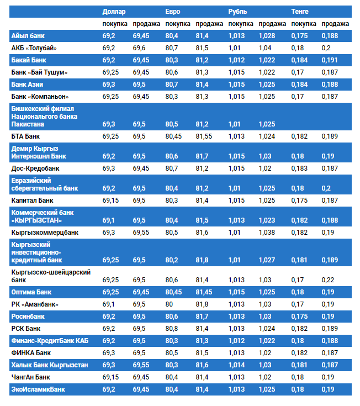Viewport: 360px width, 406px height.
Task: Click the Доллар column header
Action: [x=114, y=12]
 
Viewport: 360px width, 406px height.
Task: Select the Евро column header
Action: [x=173, y=12]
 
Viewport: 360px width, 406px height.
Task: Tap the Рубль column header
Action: [x=237, y=12]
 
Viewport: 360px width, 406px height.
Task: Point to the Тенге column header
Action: [x=300, y=12]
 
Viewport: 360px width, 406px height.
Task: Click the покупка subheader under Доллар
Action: [x=115, y=24]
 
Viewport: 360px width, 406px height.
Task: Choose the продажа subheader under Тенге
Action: [x=335, y=24]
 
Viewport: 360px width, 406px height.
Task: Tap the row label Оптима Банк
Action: [x=31, y=292]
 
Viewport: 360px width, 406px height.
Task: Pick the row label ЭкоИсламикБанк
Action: [x=38, y=389]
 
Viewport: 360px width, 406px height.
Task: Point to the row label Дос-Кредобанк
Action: [x=35, y=168]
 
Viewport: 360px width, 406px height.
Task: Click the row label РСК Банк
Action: [x=26, y=328]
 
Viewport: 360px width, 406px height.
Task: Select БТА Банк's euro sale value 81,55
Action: [x=205, y=136]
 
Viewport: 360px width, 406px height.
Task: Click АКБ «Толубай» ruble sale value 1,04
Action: [x=265, y=48]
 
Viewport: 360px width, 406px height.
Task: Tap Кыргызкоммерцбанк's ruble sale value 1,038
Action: [x=267, y=233]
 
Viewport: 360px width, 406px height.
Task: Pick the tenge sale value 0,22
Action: [x=328, y=280]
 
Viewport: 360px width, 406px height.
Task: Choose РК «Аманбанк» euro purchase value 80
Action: [x=169, y=304]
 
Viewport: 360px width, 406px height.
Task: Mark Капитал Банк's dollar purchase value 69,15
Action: [x=112, y=200]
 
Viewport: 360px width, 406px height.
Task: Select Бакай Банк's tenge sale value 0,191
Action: [x=330, y=60]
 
